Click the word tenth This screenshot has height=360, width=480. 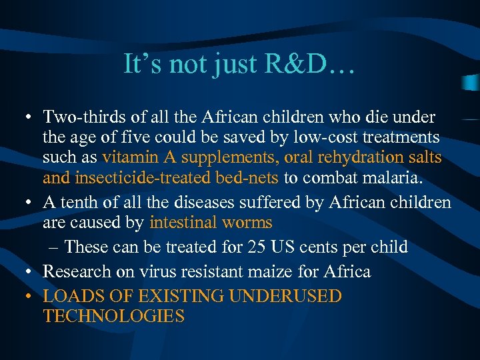[x=81, y=202]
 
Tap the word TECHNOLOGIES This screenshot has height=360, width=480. [x=113, y=316]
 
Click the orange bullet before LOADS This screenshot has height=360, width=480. [x=31, y=296]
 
